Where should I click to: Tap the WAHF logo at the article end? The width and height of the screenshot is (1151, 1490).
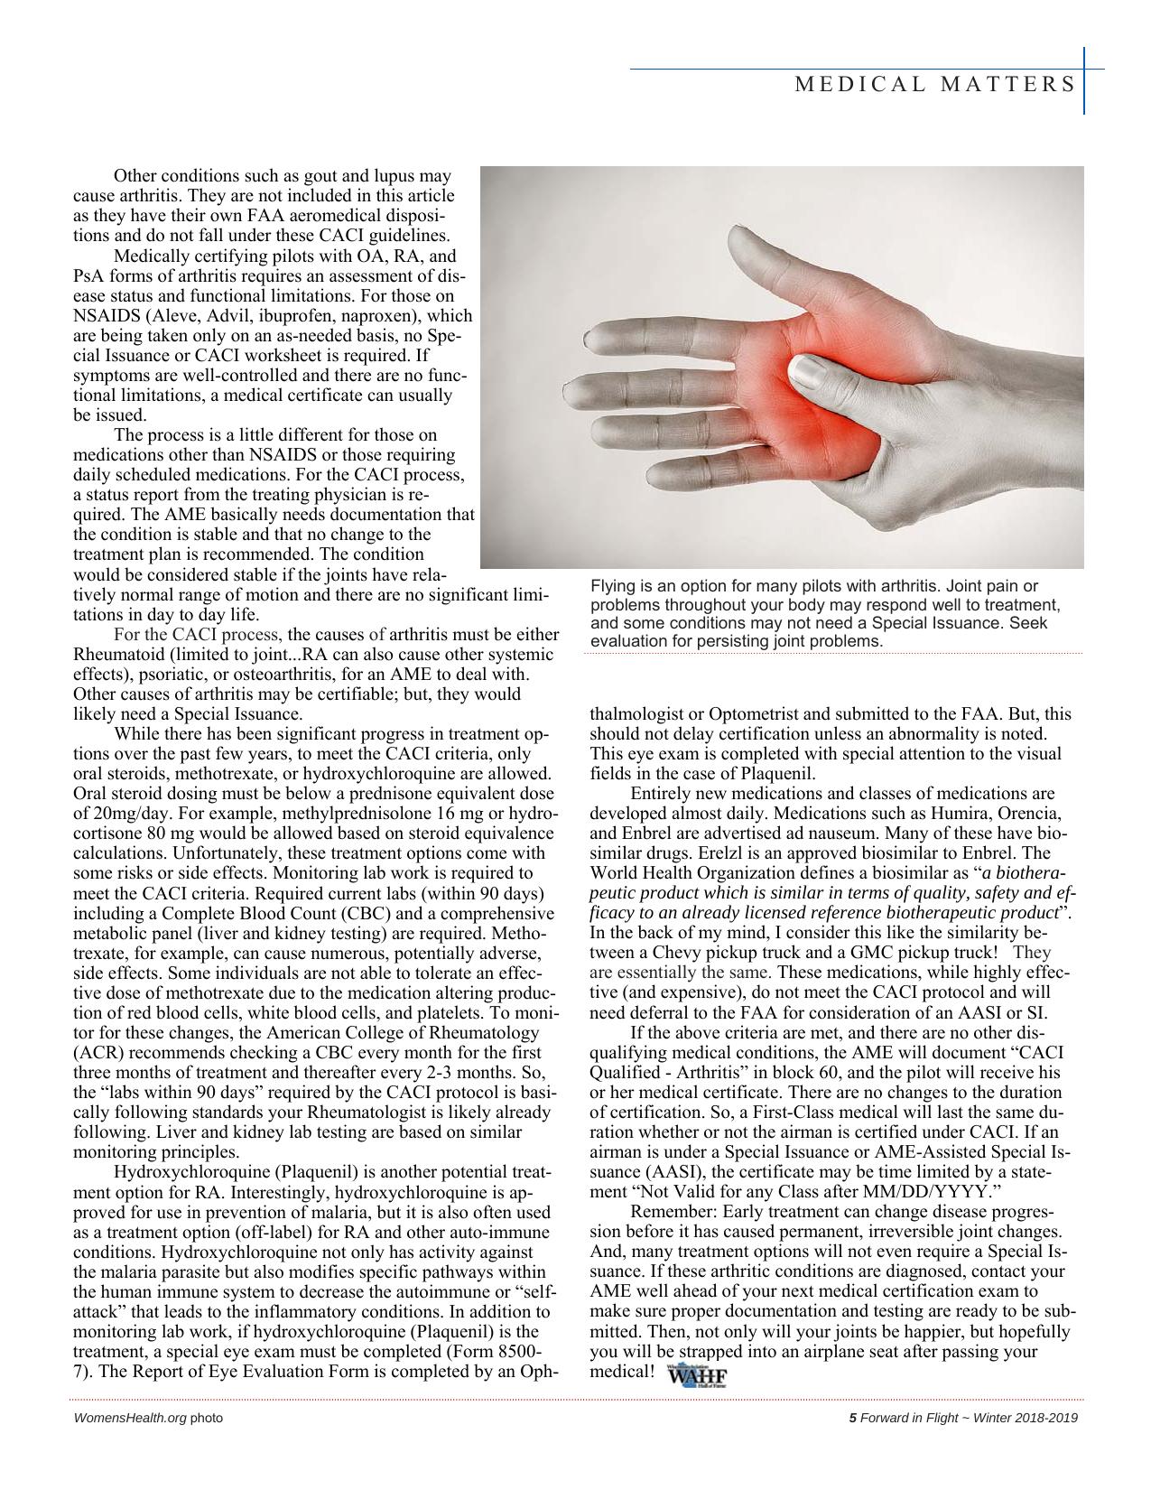(696, 1377)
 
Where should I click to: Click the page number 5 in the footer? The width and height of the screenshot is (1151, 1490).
(852, 1418)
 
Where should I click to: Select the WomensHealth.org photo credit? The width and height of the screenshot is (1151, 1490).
(148, 1418)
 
